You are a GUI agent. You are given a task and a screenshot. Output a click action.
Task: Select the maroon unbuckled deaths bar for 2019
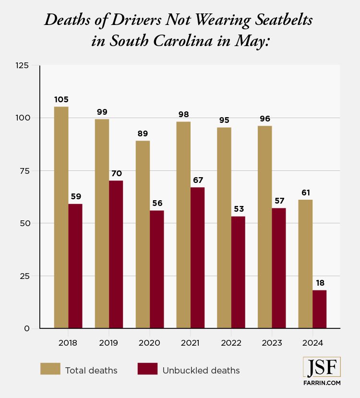click(116, 254)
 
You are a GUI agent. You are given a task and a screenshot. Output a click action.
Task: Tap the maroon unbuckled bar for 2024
click(319, 309)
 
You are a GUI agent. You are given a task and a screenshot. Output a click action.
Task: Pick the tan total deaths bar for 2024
click(305, 264)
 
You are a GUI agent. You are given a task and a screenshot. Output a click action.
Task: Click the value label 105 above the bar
click(61, 99)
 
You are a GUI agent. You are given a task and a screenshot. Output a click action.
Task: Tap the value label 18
click(320, 283)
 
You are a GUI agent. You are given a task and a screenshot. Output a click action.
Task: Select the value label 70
click(116, 173)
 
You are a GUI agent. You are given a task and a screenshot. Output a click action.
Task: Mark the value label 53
click(238, 209)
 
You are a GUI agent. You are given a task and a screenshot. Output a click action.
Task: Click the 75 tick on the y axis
click(24, 170)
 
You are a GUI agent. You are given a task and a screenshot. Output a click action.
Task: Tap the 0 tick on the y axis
click(27, 328)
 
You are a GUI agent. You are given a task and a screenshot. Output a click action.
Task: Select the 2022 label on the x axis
click(231, 343)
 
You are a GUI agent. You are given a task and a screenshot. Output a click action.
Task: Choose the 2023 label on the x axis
click(272, 343)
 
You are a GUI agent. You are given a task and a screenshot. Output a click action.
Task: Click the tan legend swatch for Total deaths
click(50, 369)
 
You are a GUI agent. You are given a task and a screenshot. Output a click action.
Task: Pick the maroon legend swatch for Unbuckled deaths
click(147, 369)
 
